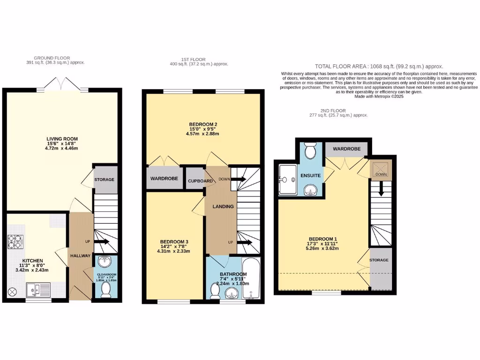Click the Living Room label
(x=62, y=139)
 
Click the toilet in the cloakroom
(x=105, y=289)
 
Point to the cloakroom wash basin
(x=105, y=263)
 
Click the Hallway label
(x=80, y=256)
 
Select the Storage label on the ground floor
(x=104, y=180)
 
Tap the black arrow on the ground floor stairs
(x=102, y=242)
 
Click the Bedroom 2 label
(x=203, y=124)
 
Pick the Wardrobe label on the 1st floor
(x=163, y=179)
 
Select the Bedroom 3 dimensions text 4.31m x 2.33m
(x=173, y=251)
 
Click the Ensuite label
(x=310, y=175)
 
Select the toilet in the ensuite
(x=310, y=150)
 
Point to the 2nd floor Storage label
(x=379, y=260)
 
